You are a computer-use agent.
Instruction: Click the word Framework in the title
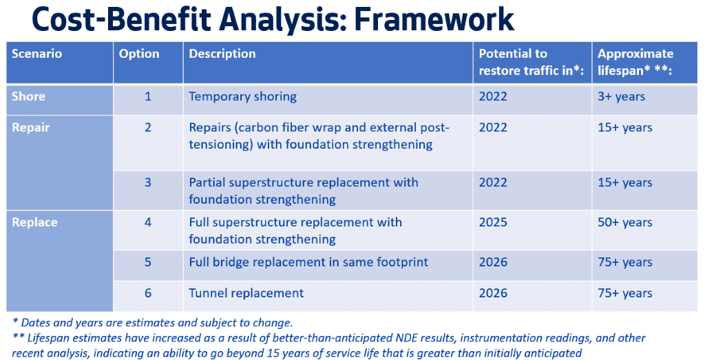click(x=434, y=19)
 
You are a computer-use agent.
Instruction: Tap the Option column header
click(x=139, y=54)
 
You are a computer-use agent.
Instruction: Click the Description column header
click(x=222, y=54)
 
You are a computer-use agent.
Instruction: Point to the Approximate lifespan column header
click(x=635, y=61)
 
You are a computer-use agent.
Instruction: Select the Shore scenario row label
click(x=28, y=96)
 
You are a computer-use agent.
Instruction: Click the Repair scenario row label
click(x=31, y=127)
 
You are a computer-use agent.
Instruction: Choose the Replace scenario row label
click(x=34, y=222)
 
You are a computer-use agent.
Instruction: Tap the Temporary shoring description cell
click(x=243, y=96)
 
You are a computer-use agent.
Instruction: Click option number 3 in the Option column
click(x=148, y=182)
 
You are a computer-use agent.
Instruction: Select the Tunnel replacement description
click(x=246, y=293)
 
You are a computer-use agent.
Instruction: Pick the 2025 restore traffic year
click(x=493, y=222)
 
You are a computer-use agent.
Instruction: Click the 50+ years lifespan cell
click(x=625, y=222)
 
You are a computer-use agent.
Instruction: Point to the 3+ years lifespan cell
click(x=622, y=96)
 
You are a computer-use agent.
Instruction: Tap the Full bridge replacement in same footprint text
click(x=308, y=262)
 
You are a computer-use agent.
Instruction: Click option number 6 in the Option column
click(x=148, y=293)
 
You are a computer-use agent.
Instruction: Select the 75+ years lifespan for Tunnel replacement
click(x=625, y=293)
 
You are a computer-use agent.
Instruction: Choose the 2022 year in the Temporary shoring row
click(x=493, y=96)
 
